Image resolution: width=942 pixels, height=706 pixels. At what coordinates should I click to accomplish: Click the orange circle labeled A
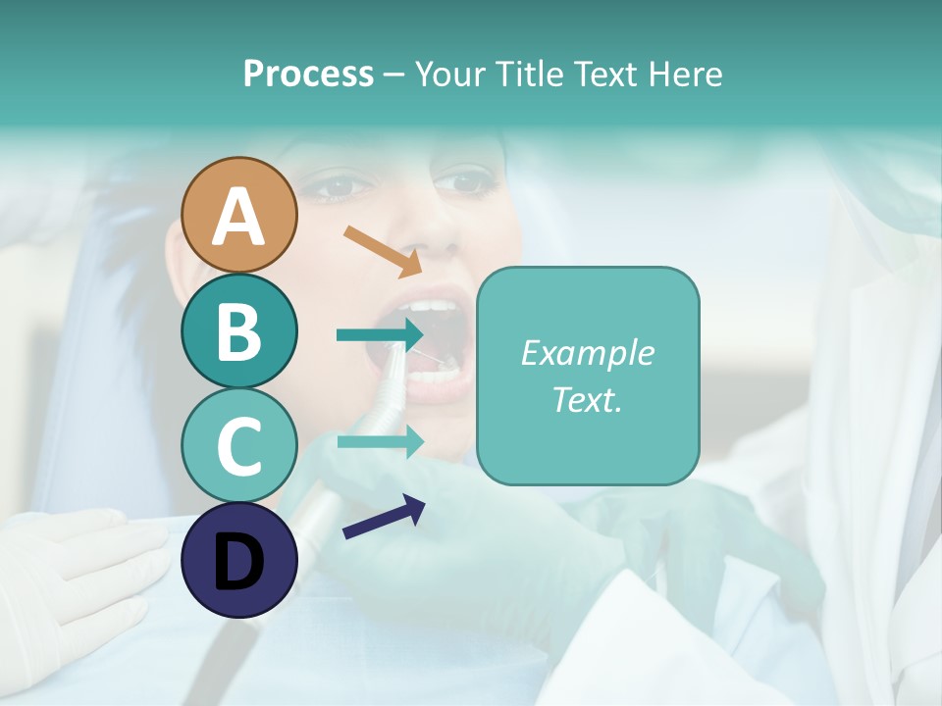pos(238,216)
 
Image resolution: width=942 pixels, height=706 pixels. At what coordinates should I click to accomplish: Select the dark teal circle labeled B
pos(238,330)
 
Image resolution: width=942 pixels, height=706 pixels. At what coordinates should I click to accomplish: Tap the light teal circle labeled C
pos(238,446)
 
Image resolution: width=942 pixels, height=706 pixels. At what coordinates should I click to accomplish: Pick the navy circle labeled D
pos(238,561)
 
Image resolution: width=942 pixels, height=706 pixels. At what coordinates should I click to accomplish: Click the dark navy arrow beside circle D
pos(383,517)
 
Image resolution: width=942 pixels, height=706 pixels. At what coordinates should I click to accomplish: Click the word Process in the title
pos(308,74)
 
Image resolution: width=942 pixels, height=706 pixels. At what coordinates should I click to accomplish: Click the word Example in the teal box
pos(587,353)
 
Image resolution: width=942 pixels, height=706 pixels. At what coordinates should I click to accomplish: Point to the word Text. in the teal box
pos(587,399)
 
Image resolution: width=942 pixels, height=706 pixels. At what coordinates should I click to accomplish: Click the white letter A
pos(238,216)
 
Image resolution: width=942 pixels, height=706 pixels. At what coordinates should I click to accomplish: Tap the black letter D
pos(238,562)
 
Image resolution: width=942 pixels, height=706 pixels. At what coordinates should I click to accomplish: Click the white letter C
pos(238,446)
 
